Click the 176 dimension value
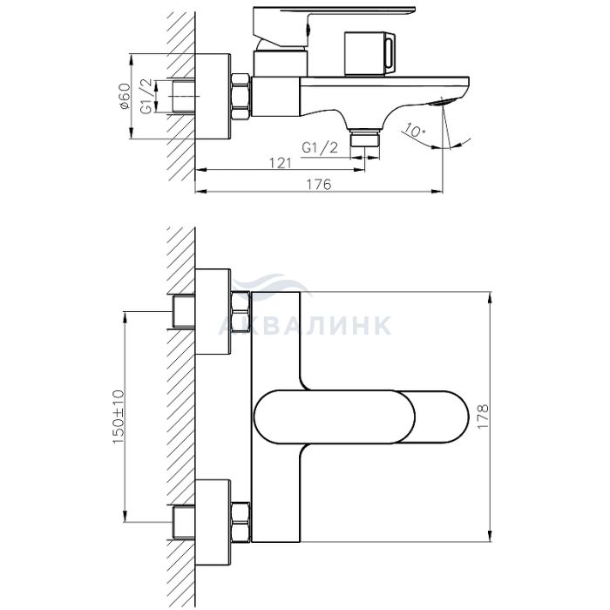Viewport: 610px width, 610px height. (x=319, y=184)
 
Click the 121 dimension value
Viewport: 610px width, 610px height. (x=281, y=163)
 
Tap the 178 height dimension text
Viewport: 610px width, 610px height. (x=483, y=417)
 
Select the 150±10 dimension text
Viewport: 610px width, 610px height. (x=119, y=417)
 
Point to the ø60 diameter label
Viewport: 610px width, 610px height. (x=125, y=96)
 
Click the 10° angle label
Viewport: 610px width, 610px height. (x=414, y=131)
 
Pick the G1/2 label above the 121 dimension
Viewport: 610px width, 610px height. (x=320, y=148)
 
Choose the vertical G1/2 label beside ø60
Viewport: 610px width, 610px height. (x=146, y=96)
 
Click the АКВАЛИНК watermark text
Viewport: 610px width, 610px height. (x=305, y=325)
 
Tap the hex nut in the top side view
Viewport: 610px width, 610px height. (x=240, y=97)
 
